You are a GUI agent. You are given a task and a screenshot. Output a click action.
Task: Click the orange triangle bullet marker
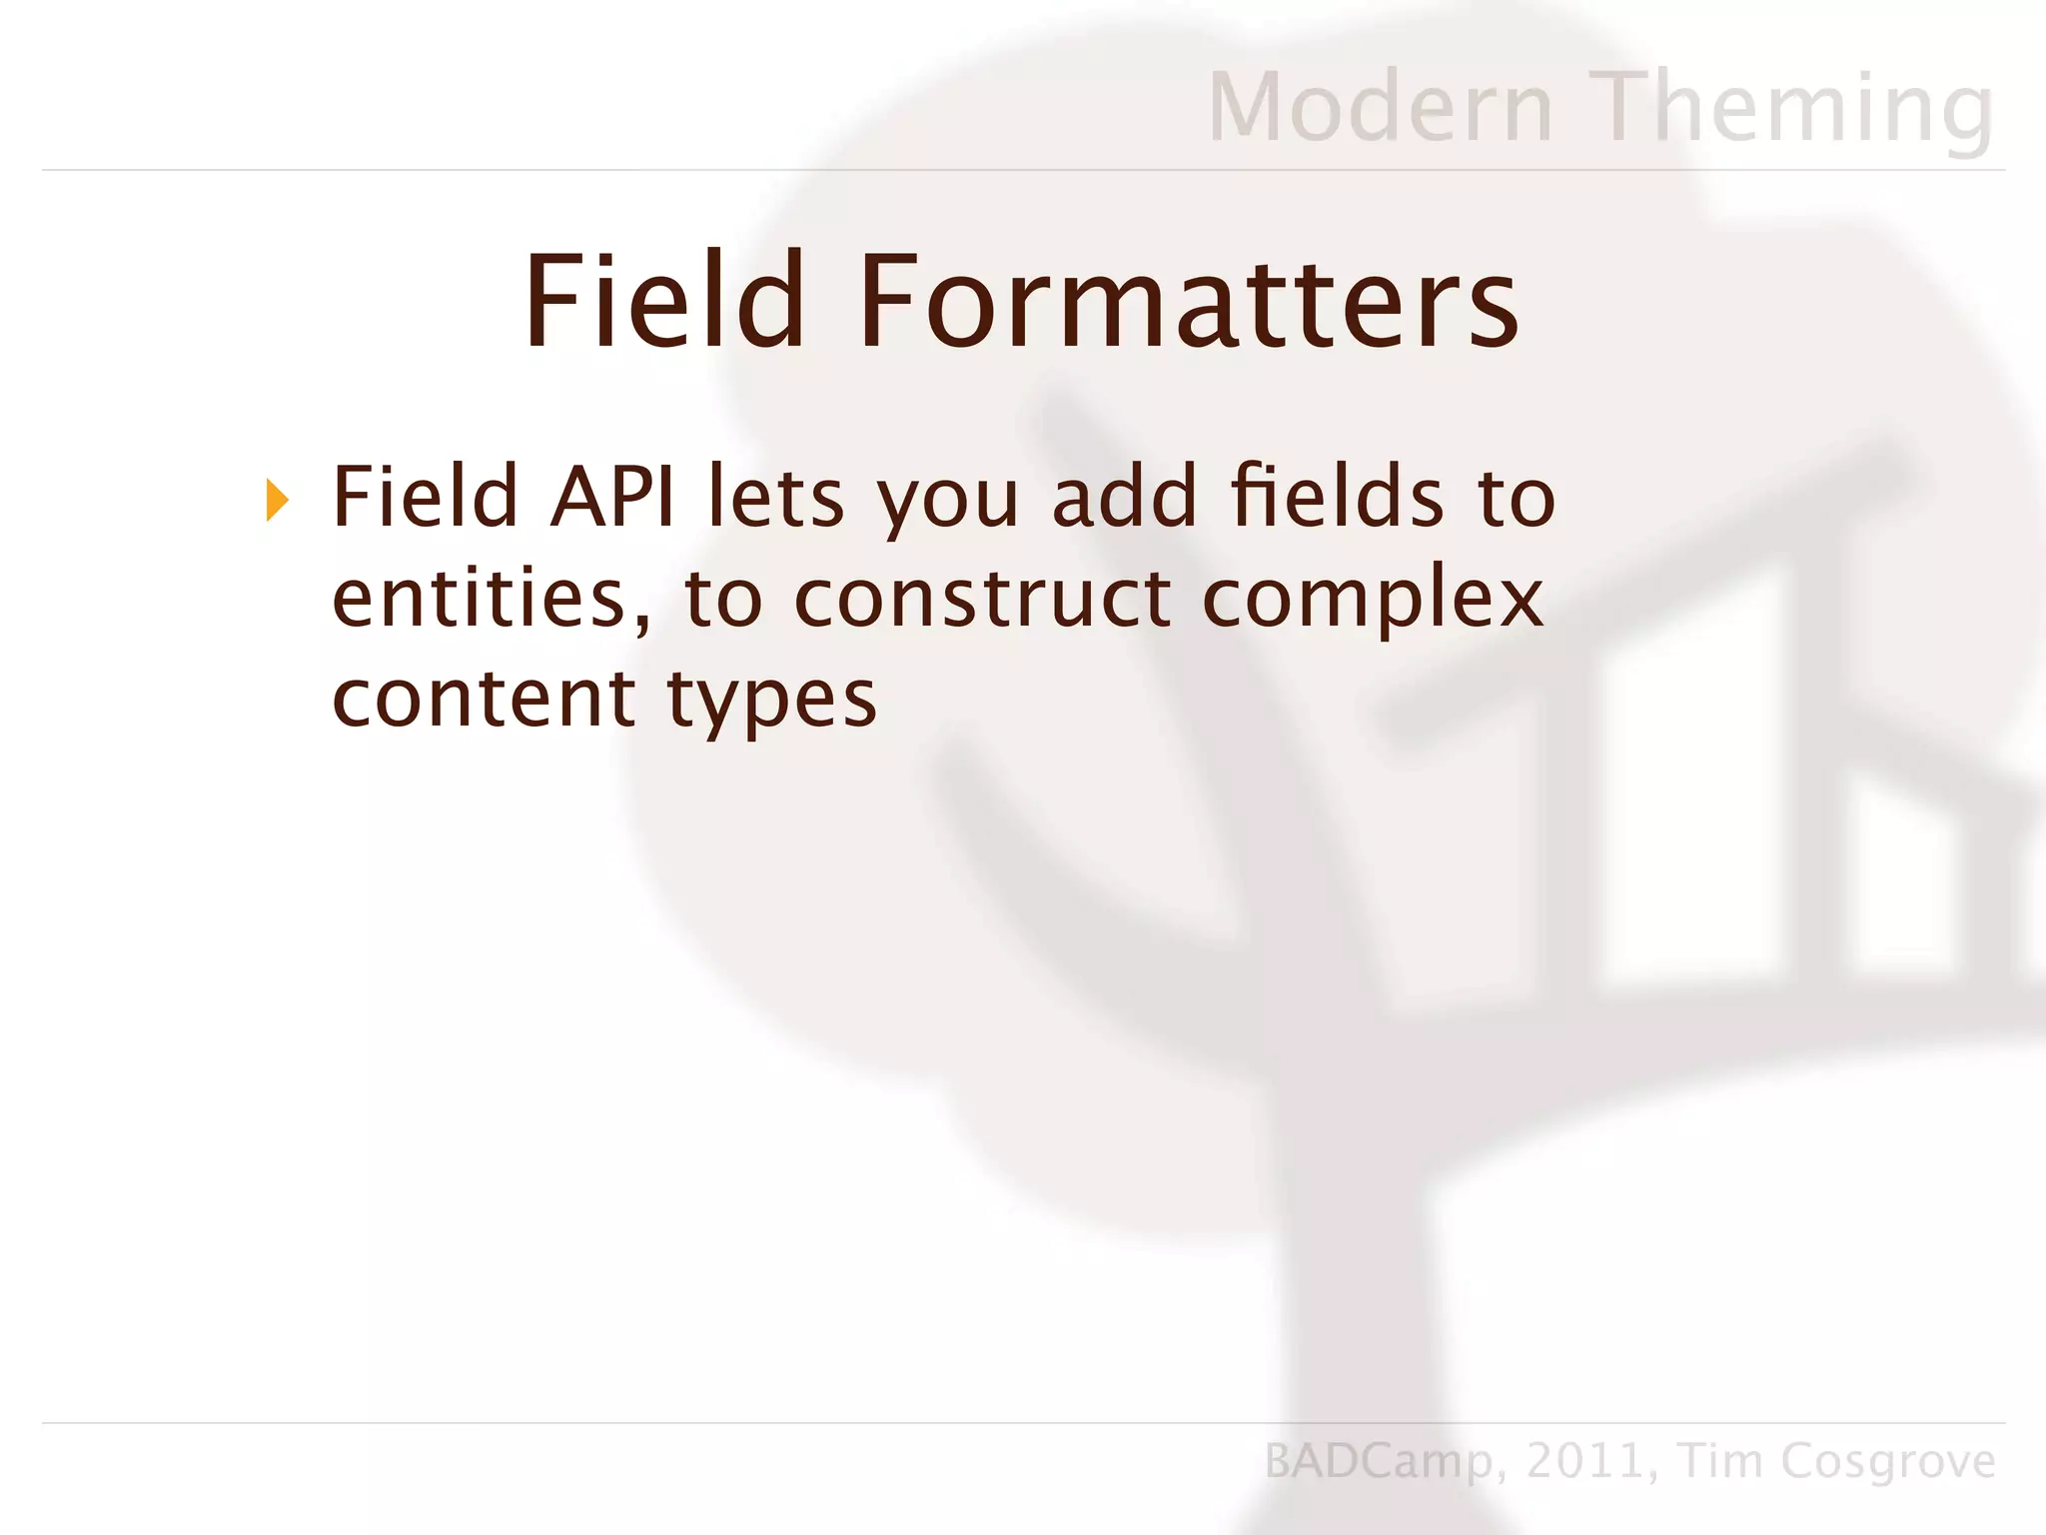278,500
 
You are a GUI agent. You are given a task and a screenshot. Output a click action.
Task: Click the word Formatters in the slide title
1188,302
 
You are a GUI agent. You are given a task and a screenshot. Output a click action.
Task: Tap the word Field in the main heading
664,302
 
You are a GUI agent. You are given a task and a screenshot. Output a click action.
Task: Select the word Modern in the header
1381,107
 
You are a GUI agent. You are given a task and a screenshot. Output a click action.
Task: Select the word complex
1373,600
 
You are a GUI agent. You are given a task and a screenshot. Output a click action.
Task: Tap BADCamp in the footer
1379,1462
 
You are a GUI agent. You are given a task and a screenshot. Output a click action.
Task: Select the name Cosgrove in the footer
1887,1462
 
